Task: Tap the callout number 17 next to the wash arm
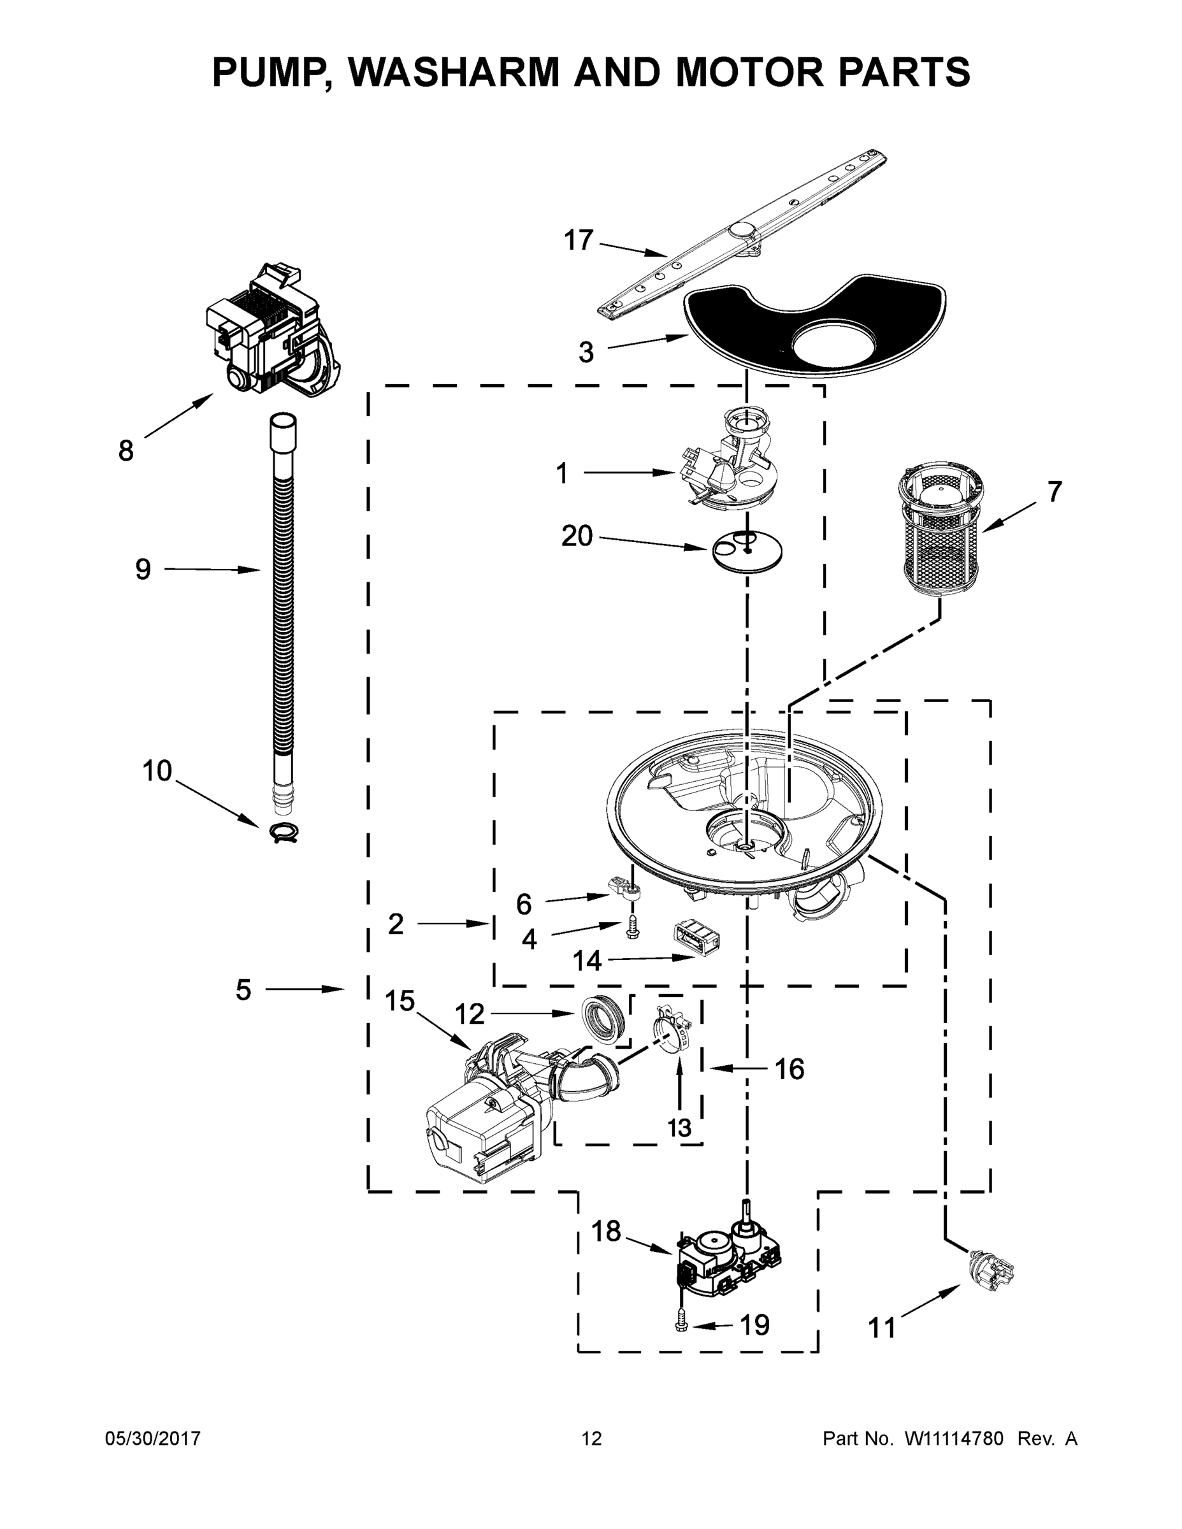click(579, 240)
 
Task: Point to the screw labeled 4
click(632, 928)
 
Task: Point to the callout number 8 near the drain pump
click(126, 451)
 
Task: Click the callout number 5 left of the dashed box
click(243, 990)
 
